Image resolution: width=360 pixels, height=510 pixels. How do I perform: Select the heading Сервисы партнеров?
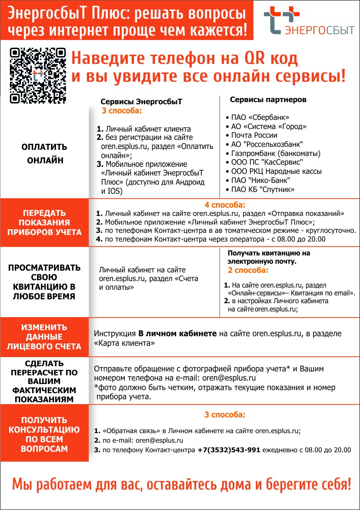coord(268,100)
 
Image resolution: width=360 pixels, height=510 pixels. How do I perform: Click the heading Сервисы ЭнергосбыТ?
coord(141,102)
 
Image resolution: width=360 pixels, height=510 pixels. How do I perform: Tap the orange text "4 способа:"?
coord(225,205)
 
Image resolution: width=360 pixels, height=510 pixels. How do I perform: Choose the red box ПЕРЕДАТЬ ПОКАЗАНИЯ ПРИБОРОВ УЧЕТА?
coord(45,222)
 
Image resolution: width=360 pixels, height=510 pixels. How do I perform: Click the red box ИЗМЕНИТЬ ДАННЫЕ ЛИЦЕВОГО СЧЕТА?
coord(45,337)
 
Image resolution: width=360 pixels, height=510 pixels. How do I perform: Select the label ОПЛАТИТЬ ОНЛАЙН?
coord(45,154)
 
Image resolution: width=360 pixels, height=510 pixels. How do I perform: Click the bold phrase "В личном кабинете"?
coord(177,334)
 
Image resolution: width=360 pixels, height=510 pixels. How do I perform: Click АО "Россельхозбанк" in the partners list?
coord(267,144)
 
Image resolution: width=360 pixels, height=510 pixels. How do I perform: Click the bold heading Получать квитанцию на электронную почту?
coord(268,257)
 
